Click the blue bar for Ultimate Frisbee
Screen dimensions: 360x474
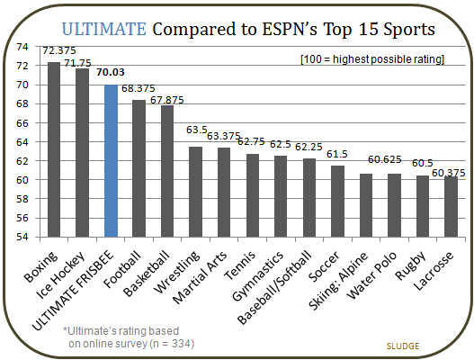click(111, 160)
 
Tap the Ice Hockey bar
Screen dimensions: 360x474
click(82, 152)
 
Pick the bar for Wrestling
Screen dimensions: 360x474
click(195, 192)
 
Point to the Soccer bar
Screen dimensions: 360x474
click(337, 201)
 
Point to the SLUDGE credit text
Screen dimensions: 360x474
click(406, 345)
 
